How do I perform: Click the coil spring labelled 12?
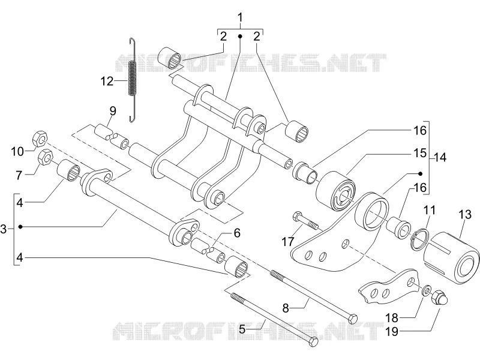click(x=132, y=80)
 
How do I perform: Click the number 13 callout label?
click(x=465, y=214)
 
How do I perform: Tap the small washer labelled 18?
click(x=426, y=290)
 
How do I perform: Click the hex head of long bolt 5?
click(x=313, y=341)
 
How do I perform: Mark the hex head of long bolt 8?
click(x=353, y=318)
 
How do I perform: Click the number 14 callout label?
click(x=440, y=158)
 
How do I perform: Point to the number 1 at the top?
click(x=241, y=17)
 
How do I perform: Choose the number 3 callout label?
click(x=4, y=229)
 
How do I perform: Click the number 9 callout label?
click(x=113, y=111)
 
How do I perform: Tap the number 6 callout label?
click(x=237, y=233)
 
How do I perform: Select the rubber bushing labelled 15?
click(x=335, y=191)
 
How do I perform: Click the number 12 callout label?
click(x=107, y=82)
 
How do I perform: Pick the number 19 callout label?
click(x=392, y=331)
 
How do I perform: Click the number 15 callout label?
click(x=419, y=153)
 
